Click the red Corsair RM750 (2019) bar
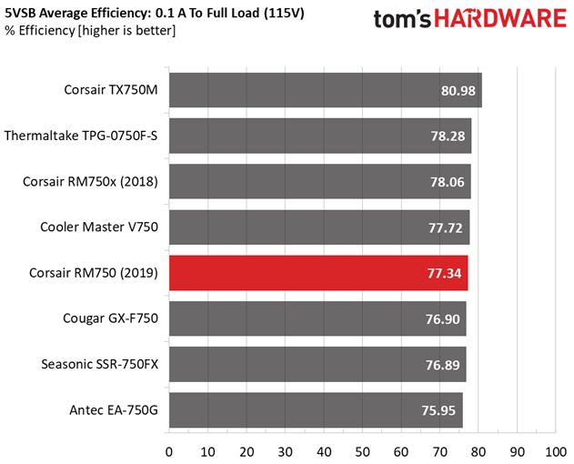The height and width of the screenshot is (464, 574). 318,273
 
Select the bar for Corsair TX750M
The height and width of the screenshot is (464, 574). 326,90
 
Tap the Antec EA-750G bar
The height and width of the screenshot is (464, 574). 316,410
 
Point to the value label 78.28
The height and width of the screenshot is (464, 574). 448,136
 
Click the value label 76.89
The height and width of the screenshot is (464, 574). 443,365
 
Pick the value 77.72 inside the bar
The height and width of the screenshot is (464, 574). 446,228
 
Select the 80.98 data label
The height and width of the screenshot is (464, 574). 458,91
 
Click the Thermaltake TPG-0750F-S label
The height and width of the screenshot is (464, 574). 81,136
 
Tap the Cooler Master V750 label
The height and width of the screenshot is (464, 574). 99,227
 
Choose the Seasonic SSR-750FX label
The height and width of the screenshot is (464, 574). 99,365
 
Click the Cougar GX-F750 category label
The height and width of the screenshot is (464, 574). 111,318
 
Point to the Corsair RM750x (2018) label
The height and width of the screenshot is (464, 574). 90,182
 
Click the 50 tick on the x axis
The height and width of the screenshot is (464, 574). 362,452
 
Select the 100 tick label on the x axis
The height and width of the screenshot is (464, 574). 556,452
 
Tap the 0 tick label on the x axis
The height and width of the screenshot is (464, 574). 169,452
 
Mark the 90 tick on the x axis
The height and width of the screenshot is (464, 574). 517,452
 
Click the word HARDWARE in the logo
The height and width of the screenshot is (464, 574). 500,19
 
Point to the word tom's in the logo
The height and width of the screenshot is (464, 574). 402,19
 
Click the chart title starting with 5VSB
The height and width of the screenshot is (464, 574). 154,14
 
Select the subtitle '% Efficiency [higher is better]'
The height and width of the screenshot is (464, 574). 90,31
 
